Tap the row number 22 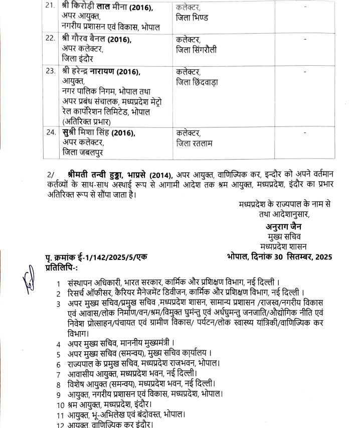pos(51,39)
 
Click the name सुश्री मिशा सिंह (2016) pos(99,133)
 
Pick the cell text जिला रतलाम pos(195,144)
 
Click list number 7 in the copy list pos(59,374)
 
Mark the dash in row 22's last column pos(305,39)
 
